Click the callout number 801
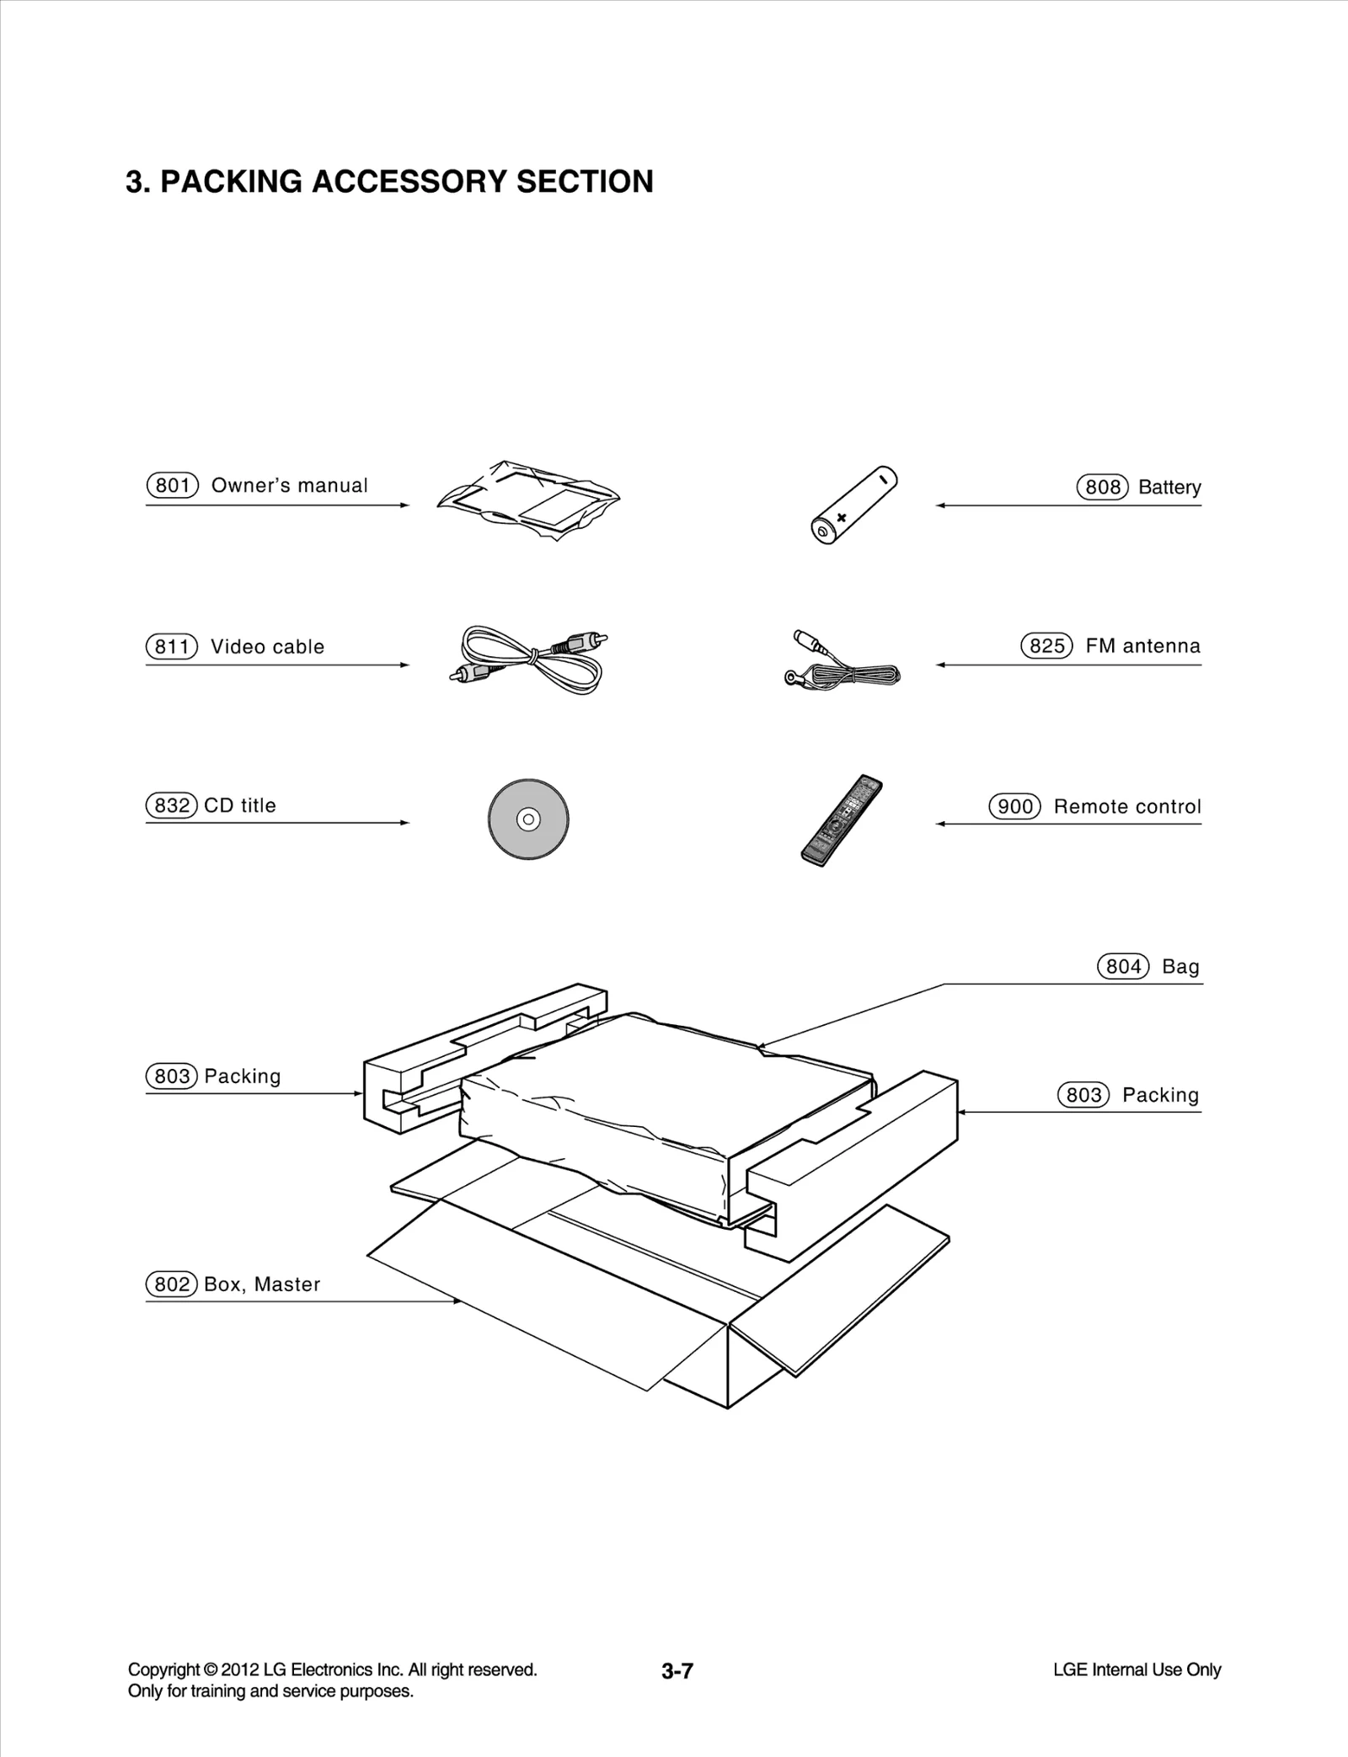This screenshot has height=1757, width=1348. tap(172, 486)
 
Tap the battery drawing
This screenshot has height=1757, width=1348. tap(853, 505)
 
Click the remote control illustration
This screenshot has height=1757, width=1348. tap(842, 820)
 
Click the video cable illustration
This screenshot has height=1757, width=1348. tap(529, 660)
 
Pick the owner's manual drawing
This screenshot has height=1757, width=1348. tap(529, 500)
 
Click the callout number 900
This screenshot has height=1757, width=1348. tap(1014, 807)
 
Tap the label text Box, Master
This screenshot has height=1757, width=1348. tap(262, 1284)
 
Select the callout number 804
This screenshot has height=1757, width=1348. tap(1122, 967)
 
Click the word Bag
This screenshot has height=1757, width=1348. tap(1179, 967)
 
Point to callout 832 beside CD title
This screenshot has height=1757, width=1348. tap(172, 805)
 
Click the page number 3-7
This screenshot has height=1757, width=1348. tap(677, 1671)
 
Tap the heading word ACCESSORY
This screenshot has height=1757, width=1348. tap(409, 182)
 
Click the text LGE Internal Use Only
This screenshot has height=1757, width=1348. tap(1137, 1669)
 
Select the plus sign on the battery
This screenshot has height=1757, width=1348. tap(841, 517)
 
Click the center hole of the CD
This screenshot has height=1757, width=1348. tap(528, 819)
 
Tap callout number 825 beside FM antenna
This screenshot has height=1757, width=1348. tap(1046, 646)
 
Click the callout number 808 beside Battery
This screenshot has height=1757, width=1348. tap(1102, 488)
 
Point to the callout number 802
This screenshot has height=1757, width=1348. tap(172, 1284)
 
